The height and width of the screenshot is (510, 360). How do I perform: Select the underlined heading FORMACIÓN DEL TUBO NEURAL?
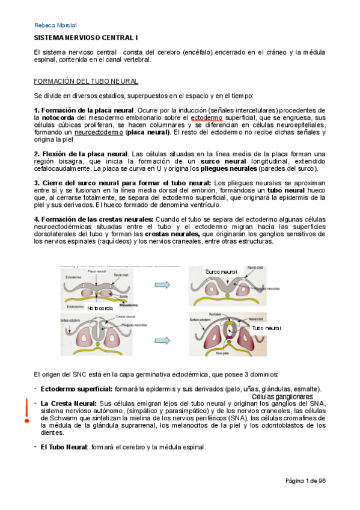85,81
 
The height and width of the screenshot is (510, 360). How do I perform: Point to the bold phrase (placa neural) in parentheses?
147,132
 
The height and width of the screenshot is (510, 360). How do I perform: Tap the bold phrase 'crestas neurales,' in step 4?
175,234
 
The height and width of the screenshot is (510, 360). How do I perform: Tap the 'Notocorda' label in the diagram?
100,308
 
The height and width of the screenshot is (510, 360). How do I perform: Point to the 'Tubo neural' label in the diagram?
266,328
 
